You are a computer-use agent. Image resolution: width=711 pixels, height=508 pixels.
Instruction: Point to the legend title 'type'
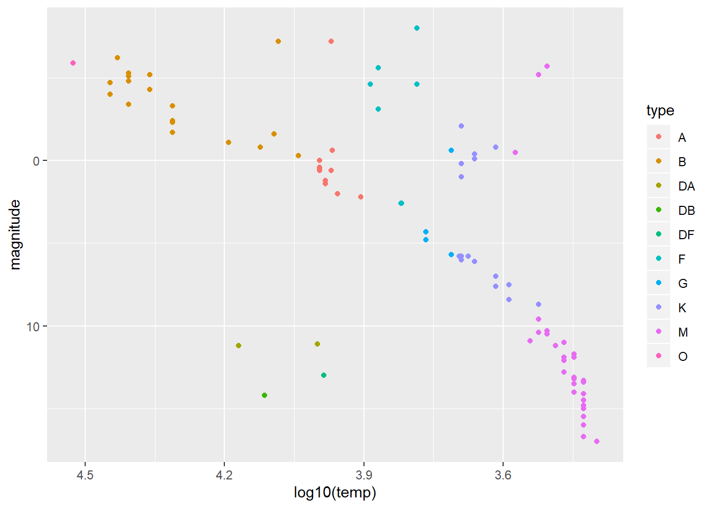click(x=660, y=111)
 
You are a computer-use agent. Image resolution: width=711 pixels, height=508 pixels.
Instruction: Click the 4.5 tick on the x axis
click(x=85, y=475)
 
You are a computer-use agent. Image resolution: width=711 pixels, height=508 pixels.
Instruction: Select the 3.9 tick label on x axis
click(x=363, y=475)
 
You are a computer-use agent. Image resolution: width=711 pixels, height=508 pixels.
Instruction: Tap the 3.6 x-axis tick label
click(x=503, y=475)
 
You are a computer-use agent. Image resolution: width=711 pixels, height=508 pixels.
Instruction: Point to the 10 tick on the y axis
click(x=33, y=326)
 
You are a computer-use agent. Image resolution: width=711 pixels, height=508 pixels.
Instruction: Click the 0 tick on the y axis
click(x=36, y=161)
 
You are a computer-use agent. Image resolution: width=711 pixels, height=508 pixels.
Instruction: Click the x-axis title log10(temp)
click(x=335, y=493)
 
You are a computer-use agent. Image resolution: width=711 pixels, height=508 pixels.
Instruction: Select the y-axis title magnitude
click(x=15, y=234)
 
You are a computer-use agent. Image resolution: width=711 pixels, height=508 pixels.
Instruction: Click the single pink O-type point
click(x=73, y=63)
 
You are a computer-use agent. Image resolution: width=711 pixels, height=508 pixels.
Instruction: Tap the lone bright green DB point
click(x=265, y=395)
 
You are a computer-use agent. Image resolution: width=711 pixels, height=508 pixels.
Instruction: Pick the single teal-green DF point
click(x=324, y=375)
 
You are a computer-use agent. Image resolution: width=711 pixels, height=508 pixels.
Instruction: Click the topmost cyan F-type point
click(x=417, y=28)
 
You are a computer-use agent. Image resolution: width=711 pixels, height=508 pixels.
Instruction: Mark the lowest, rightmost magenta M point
click(x=597, y=441)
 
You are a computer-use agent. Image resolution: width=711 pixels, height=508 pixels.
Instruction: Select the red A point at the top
click(x=331, y=41)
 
